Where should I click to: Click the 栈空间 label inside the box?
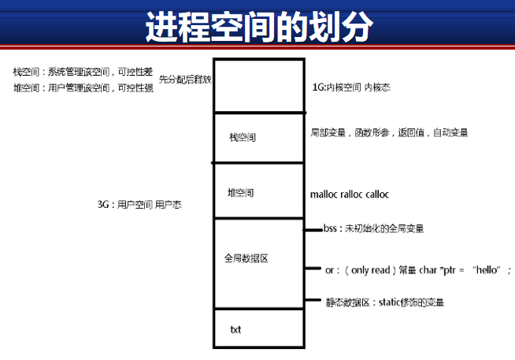[x=242, y=138]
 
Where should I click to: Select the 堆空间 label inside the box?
[x=240, y=191]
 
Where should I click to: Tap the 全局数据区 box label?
[x=246, y=258]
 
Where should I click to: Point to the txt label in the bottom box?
[x=235, y=329]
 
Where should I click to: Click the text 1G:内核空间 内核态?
[x=350, y=87]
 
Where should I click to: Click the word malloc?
[x=326, y=194]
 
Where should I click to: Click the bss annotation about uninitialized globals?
[x=373, y=228]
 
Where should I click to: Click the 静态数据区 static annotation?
[x=390, y=302]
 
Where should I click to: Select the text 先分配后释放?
[x=185, y=80]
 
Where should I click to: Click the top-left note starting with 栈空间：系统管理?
[x=82, y=72]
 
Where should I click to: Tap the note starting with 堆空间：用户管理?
[x=82, y=88]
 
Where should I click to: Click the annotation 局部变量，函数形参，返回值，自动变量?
[x=389, y=133]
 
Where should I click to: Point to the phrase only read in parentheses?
[x=368, y=269]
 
